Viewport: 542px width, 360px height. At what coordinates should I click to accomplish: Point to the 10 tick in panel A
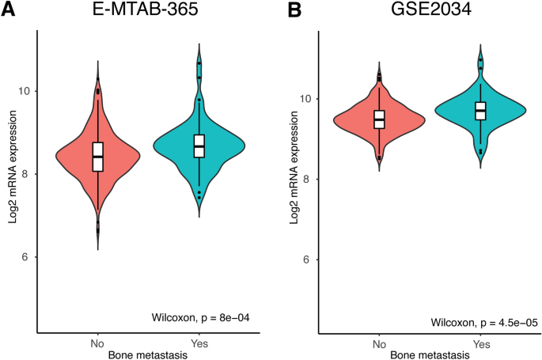(x=25, y=91)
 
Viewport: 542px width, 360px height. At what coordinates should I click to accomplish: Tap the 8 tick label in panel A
(x=28, y=174)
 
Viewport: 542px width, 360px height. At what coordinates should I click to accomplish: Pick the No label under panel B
(x=379, y=345)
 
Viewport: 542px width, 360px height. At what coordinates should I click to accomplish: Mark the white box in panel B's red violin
(x=379, y=119)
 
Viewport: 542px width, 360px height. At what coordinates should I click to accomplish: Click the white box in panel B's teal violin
(x=480, y=111)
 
